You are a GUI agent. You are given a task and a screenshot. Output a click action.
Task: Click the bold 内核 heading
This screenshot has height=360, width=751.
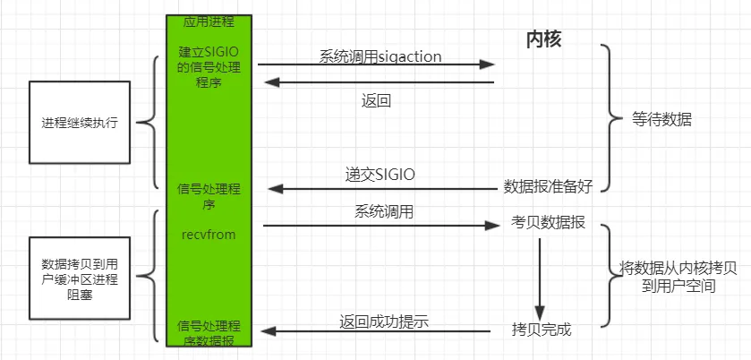(542, 39)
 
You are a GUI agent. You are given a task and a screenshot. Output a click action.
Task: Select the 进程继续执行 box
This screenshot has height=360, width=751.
(79, 123)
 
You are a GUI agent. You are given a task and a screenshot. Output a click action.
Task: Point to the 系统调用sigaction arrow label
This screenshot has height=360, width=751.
(380, 56)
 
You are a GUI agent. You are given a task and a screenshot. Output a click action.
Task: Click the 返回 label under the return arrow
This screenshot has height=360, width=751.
(376, 100)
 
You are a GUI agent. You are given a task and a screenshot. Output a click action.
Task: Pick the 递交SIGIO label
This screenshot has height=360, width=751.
(380, 173)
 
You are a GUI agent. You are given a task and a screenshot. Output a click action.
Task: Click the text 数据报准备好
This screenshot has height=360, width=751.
(547, 186)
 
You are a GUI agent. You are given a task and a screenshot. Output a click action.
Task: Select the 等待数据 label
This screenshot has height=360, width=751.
(661, 119)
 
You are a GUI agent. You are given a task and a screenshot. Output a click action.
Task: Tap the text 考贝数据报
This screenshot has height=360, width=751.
(548, 223)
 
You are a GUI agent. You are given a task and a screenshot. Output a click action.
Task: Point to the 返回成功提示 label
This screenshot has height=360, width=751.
(385, 321)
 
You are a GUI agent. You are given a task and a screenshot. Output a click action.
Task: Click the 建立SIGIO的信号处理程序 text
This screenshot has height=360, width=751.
(208, 68)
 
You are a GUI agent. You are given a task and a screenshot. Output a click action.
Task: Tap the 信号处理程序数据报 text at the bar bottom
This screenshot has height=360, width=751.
(208, 332)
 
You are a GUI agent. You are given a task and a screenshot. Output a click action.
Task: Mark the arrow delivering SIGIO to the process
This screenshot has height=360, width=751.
(380, 188)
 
